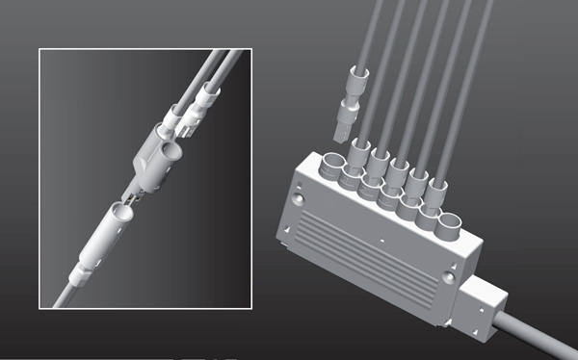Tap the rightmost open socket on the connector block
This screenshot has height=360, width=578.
click(x=449, y=227)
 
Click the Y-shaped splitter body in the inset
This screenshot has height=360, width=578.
click(x=155, y=154)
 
